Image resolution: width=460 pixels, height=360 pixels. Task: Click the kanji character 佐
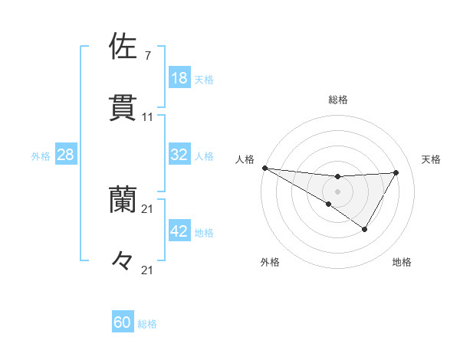(123, 46)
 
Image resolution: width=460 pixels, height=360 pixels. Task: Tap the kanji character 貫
(123, 108)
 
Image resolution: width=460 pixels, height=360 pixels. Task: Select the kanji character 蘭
(123, 200)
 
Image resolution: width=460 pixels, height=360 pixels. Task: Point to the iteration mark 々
(123, 261)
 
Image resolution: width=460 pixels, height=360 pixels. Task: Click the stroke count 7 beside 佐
(147, 56)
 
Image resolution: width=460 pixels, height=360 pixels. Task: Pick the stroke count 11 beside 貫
(147, 117)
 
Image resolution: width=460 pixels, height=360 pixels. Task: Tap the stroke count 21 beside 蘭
(147, 209)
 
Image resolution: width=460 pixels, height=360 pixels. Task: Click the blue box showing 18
(179, 78)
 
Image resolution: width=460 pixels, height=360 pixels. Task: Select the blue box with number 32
(179, 155)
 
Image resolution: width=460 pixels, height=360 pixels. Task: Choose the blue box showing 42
(179, 231)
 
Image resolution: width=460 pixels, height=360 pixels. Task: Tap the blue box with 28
(66, 155)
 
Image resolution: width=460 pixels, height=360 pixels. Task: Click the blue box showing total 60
(123, 322)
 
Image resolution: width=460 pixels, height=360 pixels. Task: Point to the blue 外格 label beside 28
(41, 155)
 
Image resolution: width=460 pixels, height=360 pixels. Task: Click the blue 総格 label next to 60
(147, 323)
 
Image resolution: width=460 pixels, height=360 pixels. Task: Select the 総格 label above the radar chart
(337, 100)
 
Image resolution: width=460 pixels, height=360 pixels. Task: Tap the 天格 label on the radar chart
(431, 159)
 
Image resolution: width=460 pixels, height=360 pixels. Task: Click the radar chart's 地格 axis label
(402, 262)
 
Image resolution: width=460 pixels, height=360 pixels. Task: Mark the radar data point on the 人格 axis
(264, 167)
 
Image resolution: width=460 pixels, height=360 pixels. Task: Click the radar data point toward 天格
(396, 172)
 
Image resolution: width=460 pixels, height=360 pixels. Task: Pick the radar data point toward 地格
(365, 229)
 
